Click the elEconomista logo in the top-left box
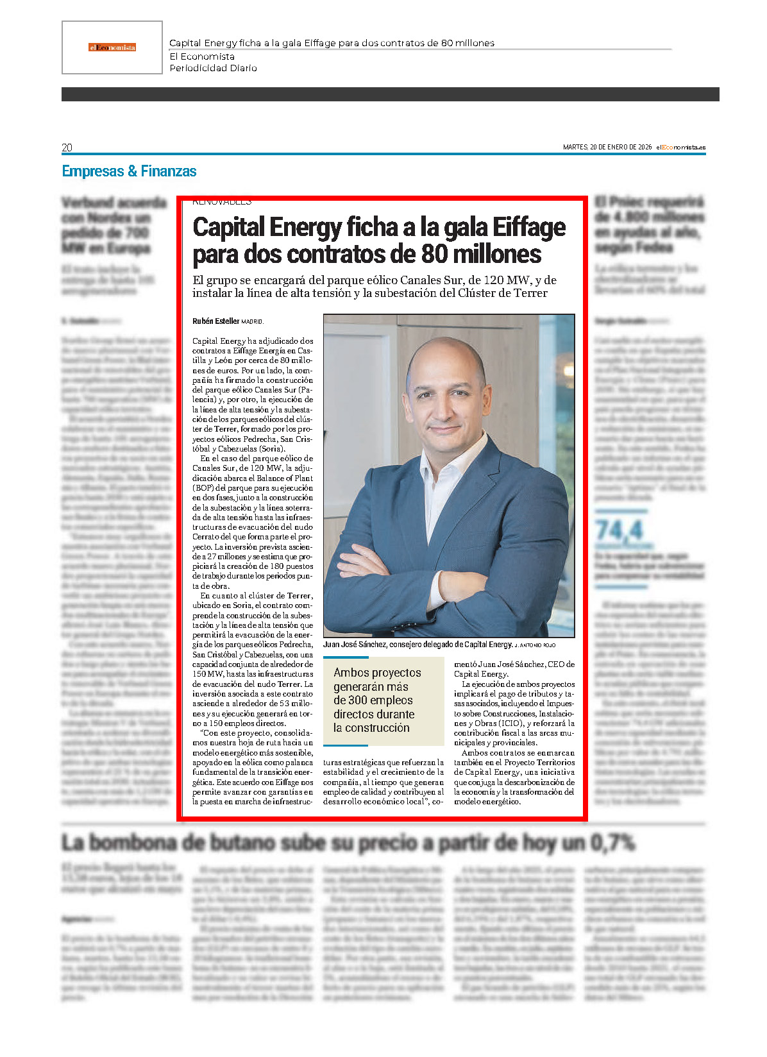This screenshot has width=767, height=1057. pos(112,47)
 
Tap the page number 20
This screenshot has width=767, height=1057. pos(67,148)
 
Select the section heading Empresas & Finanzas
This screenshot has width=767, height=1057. pos(129,171)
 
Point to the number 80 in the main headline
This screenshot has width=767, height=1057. pos(434,255)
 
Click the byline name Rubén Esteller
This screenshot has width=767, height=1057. pos(215,321)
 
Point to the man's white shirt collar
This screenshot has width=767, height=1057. pos(452,471)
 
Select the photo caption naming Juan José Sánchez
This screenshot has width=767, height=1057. pos(417,645)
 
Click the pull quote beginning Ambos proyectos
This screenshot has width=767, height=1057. pos(377,700)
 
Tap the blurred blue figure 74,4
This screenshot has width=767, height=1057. pos(619,530)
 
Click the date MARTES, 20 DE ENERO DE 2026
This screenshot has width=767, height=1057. pos(607,148)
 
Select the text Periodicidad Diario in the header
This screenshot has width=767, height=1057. pos(213,68)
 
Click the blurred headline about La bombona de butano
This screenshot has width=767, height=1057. pos(348,842)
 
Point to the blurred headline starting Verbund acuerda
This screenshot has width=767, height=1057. pos(106,225)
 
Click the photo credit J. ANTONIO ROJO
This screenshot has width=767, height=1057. pos(535,645)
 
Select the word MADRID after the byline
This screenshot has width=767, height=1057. pos(252,322)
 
